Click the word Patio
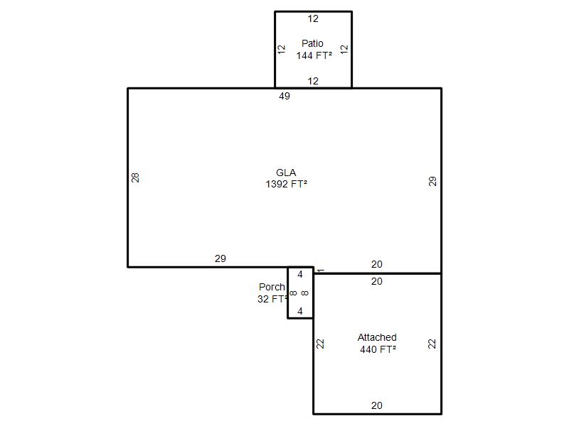point(312,43)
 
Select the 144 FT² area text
point(314,55)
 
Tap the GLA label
point(286,173)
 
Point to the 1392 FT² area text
point(287,184)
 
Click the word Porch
point(272,287)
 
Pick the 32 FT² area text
point(272,299)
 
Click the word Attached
point(377,337)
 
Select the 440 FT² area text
point(378,349)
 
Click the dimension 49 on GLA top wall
point(284,96)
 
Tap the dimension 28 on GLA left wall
point(135,177)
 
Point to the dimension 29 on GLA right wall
point(432,181)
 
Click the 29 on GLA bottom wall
point(220,258)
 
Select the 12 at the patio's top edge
point(313,18)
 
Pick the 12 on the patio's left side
point(282,49)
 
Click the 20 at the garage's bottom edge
point(377,405)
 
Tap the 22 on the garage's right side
point(432,344)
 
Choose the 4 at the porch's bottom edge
point(299,311)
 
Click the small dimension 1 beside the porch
point(321,271)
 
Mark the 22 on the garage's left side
point(320,344)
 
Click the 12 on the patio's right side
point(344,49)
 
